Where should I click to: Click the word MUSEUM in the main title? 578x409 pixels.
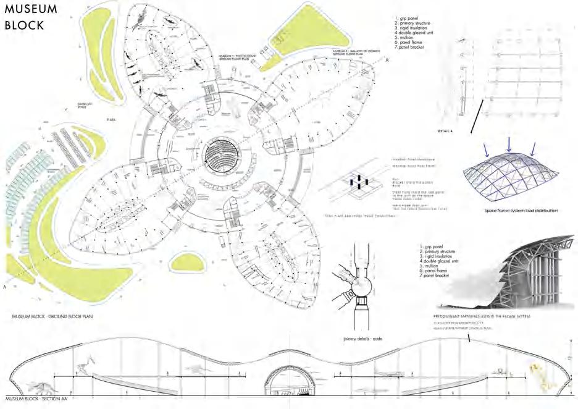pos(31,9)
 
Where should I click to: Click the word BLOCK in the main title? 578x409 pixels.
pos(25,25)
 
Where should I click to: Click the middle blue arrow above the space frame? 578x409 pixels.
pos(508,143)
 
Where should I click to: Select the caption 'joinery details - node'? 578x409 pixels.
pos(362,339)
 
